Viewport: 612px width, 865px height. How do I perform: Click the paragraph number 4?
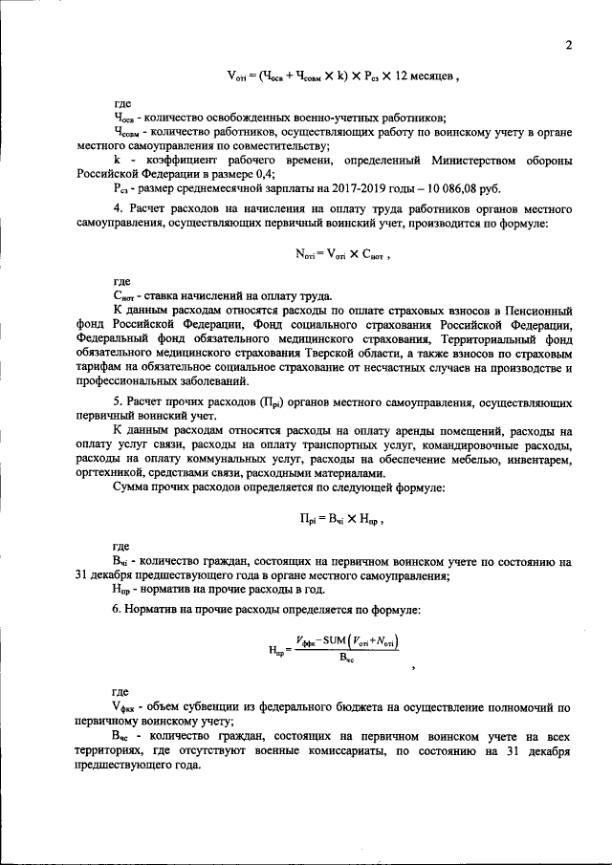coord(117,208)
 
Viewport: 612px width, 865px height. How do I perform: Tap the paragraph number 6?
coord(117,609)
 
